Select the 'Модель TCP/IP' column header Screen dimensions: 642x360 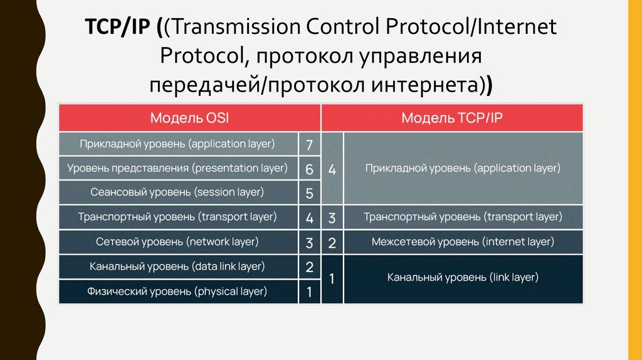point(453,118)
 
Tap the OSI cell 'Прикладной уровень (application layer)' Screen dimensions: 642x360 point(178,144)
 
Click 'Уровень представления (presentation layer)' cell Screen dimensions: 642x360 point(178,168)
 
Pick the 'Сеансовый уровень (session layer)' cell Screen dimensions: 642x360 point(178,192)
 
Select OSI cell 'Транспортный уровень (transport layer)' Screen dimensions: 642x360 point(178,217)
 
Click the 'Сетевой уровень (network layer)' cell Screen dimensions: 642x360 point(178,241)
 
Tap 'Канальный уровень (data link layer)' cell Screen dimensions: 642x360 point(178,267)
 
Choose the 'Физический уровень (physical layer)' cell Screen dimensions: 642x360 point(178,291)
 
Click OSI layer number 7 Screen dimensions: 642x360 point(309,145)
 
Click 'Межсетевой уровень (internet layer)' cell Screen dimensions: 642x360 point(463,241)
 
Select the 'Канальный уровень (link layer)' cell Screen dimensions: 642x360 point(463,277)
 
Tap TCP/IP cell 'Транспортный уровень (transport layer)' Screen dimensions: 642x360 point(463,217)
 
